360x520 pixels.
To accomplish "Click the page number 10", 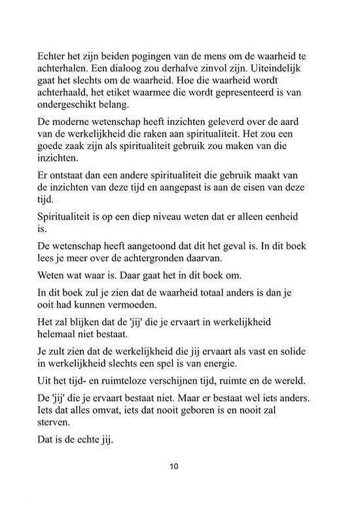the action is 173,466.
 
